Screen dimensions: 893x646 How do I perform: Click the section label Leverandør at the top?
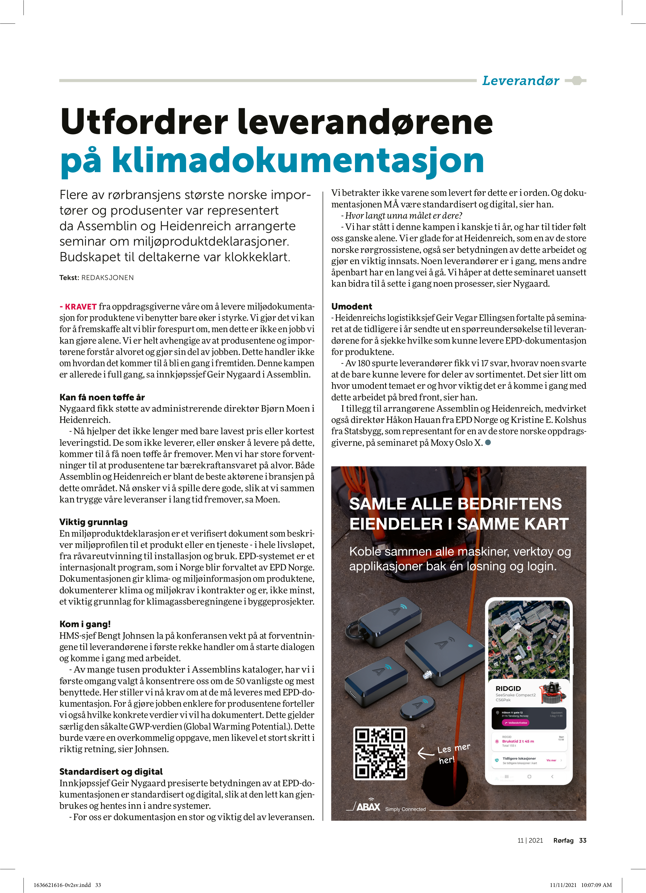(x=520, y=81)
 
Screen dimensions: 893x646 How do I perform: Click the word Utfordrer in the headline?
(x=144, y=122)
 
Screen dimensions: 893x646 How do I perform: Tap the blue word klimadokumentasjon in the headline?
(x=298, y=160)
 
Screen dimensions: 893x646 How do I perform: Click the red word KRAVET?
(x=81, y=307)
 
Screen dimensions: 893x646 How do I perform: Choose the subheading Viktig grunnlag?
(x=94, y=522)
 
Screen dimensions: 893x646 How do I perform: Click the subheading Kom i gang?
(x=85, y=624)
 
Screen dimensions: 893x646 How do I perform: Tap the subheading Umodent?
(x=352, y=306)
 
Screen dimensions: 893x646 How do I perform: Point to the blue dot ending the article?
(x=488, y=443)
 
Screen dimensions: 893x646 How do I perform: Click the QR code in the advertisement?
(x=380, y=753)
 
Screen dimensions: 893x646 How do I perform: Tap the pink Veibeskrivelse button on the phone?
(x=515, y=723)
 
